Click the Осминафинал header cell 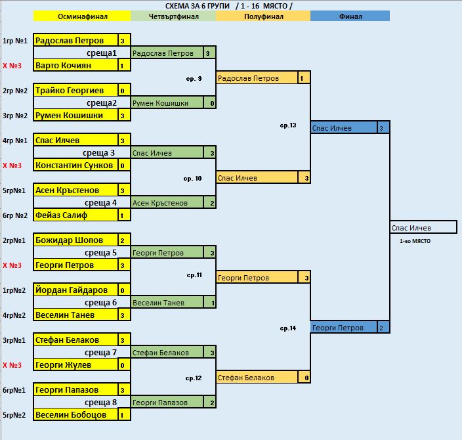point(82,16)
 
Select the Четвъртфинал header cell point(173,16)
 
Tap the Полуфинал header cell point(262,16)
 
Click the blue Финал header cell point(350,16)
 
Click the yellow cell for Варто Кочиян point(75,66)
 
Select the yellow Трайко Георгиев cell point(75,91)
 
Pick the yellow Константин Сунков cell point(75,165)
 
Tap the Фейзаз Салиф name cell point(75,215)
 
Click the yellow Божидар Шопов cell point(75,240)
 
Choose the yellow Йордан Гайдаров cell point(75,290)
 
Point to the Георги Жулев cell point(75,365)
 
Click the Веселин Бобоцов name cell point(75,415)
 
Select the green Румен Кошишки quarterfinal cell point(167,103)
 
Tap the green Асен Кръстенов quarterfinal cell point(167,203)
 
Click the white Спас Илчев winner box point(423,228)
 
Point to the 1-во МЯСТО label point(415,242)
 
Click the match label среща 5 point(101,253)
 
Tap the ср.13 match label point(288,125)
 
